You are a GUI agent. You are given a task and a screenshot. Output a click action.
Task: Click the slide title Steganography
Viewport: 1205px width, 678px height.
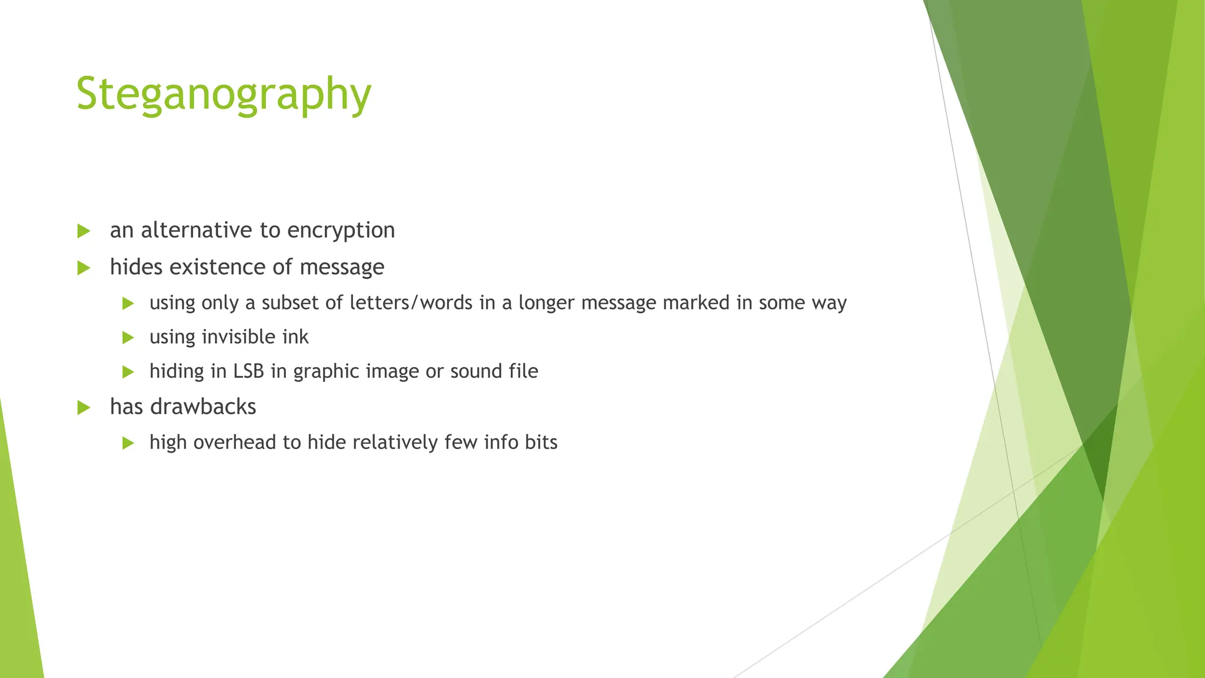[224, 94]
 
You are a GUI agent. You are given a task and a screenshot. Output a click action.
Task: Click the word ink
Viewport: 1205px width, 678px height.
[296, 337]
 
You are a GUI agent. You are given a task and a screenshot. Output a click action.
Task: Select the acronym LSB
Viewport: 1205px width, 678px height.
[249, 371]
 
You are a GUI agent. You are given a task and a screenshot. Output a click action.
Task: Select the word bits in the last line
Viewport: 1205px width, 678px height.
[541, 442]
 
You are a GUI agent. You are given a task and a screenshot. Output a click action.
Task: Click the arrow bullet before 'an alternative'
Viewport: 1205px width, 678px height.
[84, 231]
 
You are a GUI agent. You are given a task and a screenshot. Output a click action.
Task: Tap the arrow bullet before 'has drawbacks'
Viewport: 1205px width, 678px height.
[84, 407]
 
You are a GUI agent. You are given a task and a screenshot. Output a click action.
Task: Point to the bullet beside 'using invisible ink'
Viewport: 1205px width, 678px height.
[128, 338]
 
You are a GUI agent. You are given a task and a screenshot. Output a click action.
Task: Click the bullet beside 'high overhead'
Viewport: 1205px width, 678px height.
[128, 443]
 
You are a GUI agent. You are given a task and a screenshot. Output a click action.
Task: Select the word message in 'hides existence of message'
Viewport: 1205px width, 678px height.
[342, 268]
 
